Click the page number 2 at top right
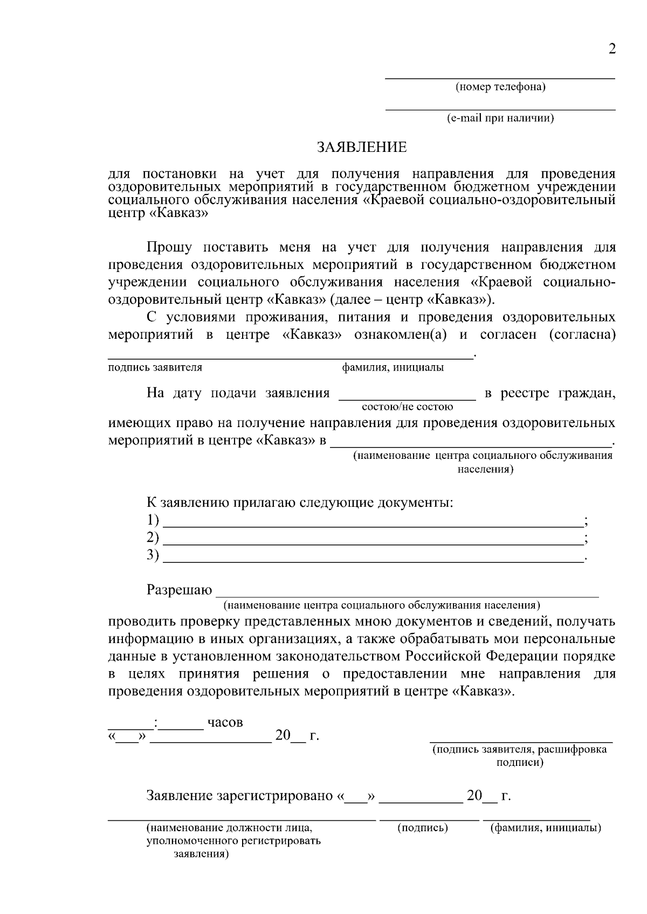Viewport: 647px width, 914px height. [x=611, y=50]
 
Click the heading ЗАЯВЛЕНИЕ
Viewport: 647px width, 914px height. [x=361, y=147]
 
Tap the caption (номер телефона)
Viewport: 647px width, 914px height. [x=500, y=87]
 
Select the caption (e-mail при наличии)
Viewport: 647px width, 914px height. [x=500, y=118]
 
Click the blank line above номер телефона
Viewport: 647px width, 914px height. [x=499, y=78]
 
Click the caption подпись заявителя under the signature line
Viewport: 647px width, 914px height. [x=155, y=367]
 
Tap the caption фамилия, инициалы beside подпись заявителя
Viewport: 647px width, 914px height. [x=393, y=367]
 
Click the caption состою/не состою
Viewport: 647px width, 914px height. [x=408, y=407]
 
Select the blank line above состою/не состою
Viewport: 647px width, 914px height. [x=407, y=399]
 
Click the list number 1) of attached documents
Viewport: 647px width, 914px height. [x=153, y=520]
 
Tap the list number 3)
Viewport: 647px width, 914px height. [x=153, y=555]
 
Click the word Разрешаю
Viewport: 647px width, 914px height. [x=179, y=590]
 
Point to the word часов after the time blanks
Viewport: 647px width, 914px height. [x=225, y=722]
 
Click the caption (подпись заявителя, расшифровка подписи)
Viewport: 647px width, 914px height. [x=520, y=756]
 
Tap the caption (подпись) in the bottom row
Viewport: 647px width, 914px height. [x=423, y=827]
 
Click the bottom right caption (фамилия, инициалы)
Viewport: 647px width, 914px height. [x=545, y=827]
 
